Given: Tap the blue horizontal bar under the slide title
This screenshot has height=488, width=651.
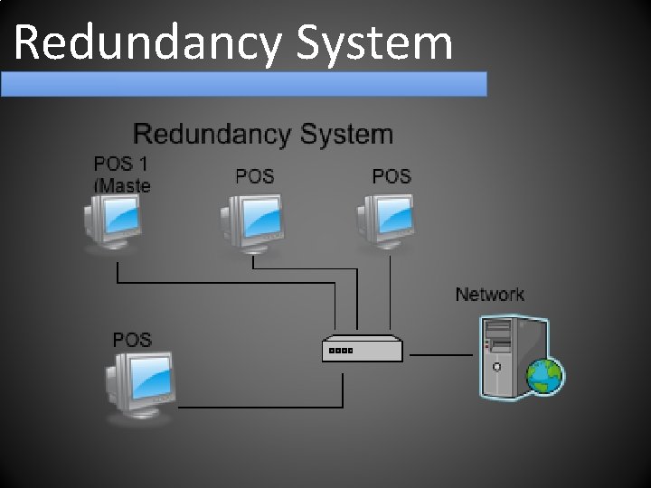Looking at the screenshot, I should coord(244,84).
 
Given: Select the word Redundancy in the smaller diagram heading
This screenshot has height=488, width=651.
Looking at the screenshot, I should coord(212,135).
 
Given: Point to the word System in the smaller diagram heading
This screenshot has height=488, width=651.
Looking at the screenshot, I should coord(347,135).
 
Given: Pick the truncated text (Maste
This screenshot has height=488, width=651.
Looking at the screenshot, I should coord(122,186).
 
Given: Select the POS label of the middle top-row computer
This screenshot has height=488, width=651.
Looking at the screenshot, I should coord(254,176).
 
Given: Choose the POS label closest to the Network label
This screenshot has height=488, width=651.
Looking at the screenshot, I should coord(392,176).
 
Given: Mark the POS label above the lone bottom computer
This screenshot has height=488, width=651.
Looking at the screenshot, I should coord(132,340).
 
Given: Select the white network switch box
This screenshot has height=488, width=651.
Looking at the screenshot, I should coord(362,349).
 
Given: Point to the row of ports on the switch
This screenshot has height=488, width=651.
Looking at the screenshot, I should coord(342,351).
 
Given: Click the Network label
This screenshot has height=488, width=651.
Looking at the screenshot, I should coord(489,295).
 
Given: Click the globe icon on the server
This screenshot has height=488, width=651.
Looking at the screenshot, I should coord(545,375).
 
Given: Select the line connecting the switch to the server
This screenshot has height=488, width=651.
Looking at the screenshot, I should coord(440,355).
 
